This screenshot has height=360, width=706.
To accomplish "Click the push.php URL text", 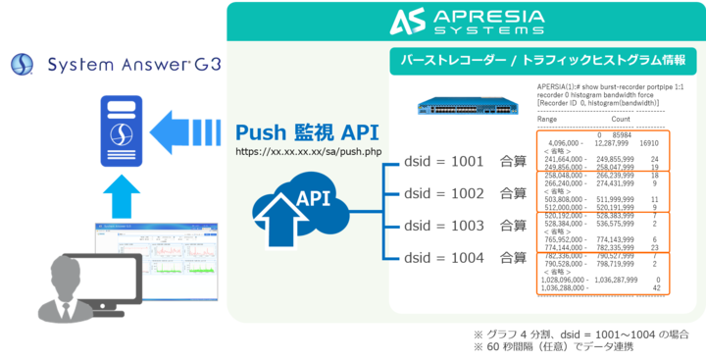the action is click(295, 153).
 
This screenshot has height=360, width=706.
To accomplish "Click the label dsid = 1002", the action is click(443, 193).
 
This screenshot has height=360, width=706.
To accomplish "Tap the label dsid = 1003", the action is click(443, 226).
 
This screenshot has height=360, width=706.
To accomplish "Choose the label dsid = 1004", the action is click(443, 258).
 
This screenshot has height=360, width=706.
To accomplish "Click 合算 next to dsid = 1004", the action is click(514, 258).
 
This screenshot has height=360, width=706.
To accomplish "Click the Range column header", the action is click(549, 119).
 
